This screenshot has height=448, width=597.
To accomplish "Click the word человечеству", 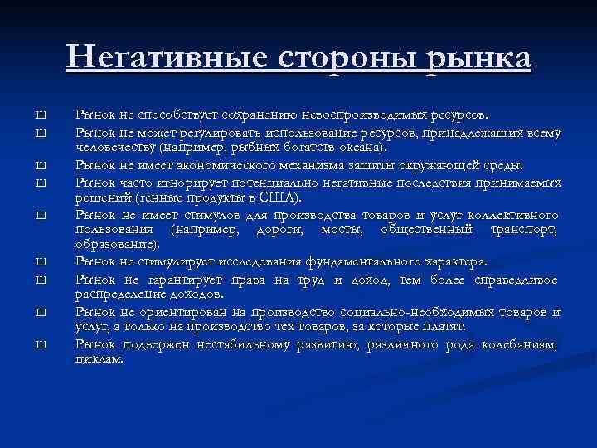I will coord(114,148).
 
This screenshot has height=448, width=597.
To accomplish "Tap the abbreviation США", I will coord(283,197).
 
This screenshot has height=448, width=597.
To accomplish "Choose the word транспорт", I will coord(525,230).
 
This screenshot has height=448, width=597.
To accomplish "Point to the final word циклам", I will coord(99,360).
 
